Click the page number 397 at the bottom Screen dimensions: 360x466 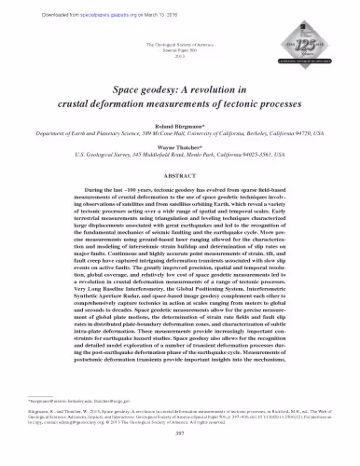(x=180, y=456)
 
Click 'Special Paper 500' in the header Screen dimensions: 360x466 (x=180, y=52)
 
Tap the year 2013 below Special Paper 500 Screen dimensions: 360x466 (x=180, y=59)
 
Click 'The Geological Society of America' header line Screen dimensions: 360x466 (x=180, y=46)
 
